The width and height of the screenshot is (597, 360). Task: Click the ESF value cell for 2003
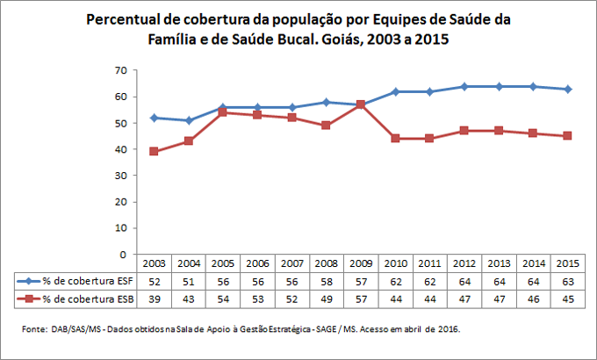(x=155, y=280)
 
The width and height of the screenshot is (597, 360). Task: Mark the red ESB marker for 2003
(x=155, y=151)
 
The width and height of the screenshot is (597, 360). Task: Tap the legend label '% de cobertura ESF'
(x=83, y=280)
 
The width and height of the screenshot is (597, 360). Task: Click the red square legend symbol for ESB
(x=30, y=299)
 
